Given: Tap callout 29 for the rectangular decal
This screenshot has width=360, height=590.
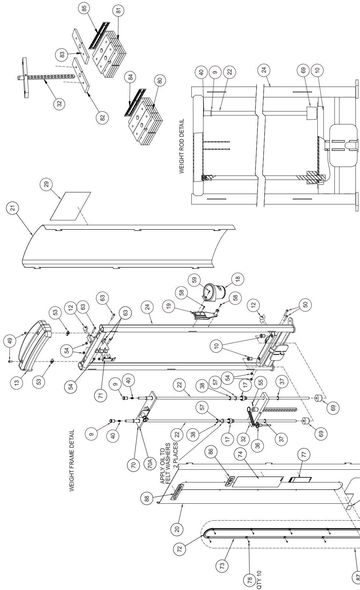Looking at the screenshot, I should click(46, 185).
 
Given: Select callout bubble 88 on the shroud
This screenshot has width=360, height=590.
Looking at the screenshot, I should click(148, 499).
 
